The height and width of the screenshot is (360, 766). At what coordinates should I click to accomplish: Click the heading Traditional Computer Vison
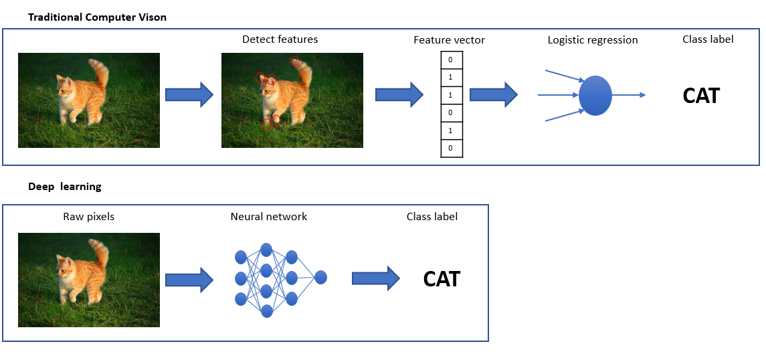[x=97, y=17]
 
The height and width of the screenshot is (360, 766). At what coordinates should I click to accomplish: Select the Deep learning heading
[x=64, y=186]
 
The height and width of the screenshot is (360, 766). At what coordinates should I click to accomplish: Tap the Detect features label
[x=280, y=39]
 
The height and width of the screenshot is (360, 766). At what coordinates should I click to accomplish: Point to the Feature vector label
[x=449, y=40]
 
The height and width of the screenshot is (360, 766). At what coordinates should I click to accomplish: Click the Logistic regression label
[x=593, y=40]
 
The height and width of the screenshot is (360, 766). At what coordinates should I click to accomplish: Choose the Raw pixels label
[x=88, y=216]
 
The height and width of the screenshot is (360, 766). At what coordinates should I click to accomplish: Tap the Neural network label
[x=269, y=216]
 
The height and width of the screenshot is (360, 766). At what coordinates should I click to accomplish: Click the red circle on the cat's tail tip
[x=294, y=61]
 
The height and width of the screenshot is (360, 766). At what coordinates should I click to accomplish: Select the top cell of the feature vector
[x=452, y=60]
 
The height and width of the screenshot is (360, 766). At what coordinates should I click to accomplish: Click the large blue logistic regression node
[x=595, y=95]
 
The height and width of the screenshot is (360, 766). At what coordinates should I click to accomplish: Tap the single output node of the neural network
[x=320, y=278]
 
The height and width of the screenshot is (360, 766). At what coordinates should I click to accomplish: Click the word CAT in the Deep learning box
[x=442, y=279]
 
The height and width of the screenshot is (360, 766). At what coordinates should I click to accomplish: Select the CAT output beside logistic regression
[x=701, y=96]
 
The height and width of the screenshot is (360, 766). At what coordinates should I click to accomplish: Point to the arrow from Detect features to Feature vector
[x=399, y=95]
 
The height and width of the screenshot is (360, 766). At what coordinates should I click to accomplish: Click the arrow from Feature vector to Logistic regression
[x=494, y=95]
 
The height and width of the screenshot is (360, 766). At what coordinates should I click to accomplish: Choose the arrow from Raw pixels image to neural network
[x=189, y=280]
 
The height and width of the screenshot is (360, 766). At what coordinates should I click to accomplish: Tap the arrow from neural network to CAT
[x=376, y=278]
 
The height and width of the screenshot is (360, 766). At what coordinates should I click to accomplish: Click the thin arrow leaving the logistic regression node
[x=629, y=95]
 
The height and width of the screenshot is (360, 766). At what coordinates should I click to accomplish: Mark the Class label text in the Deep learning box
[x=432, y=216]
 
